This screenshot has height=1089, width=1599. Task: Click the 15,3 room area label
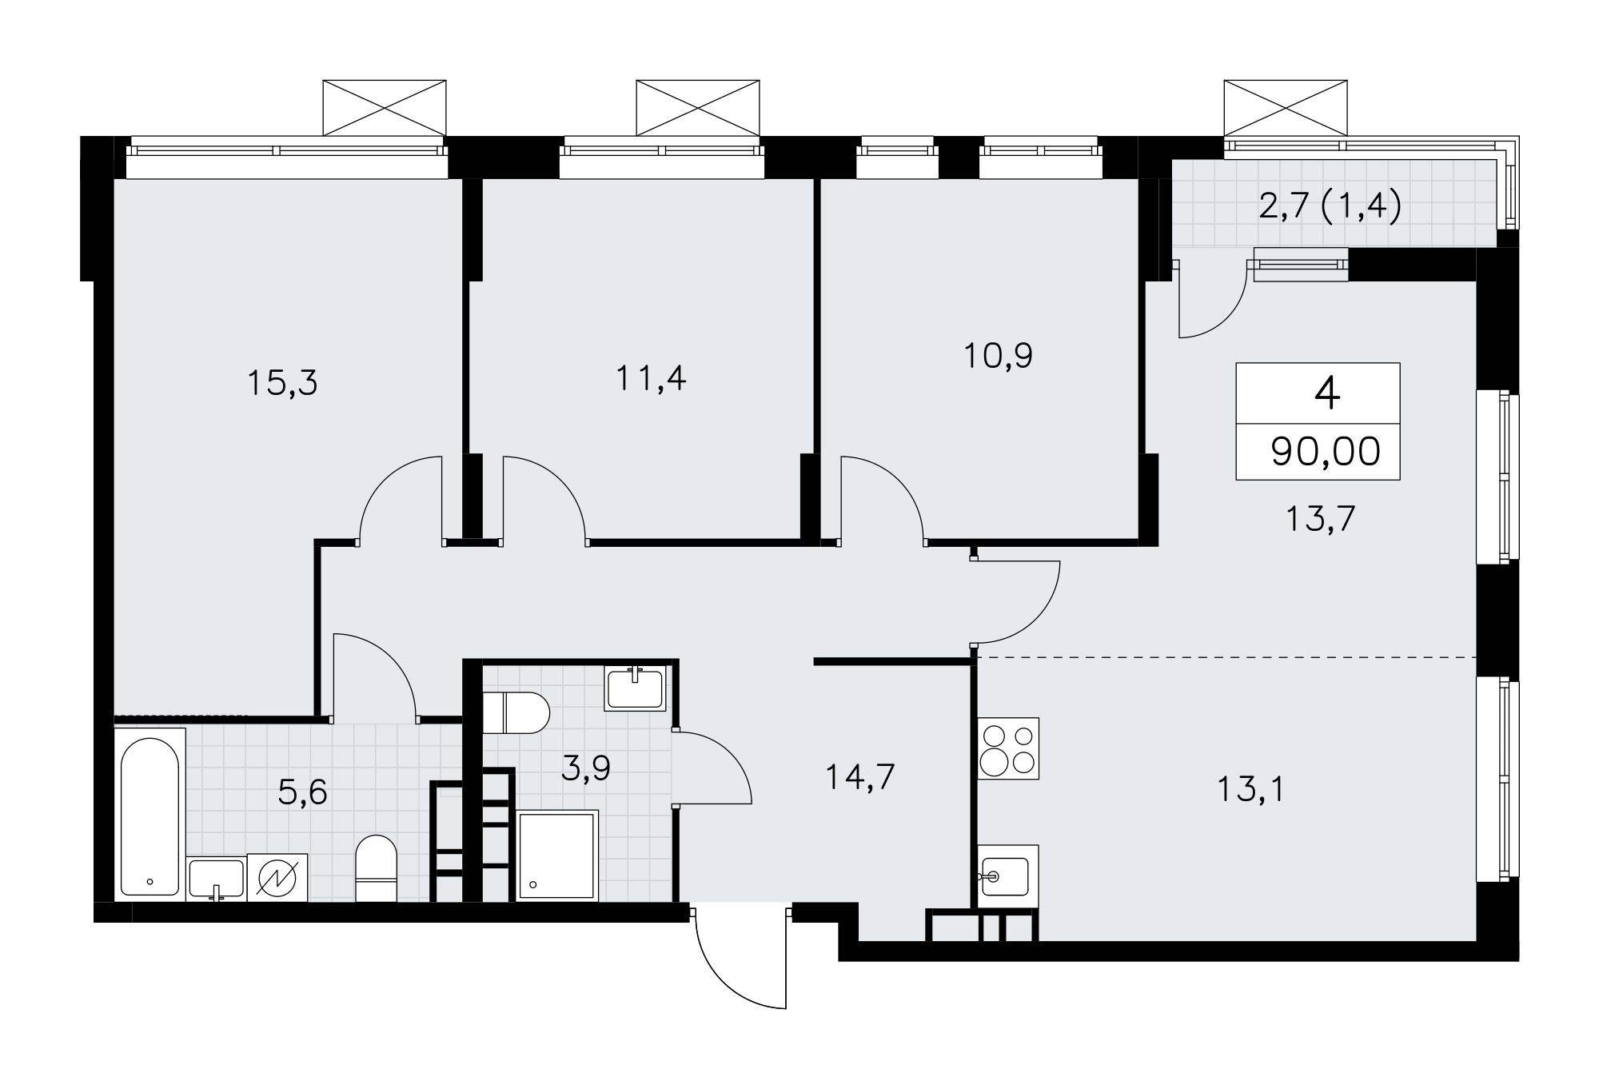pyautogui.click(x=282, y=383)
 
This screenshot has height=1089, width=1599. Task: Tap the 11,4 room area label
pyautogui.click(x=651, y=378)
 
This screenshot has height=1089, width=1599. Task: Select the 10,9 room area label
pyautogui.click(x=998, y=356)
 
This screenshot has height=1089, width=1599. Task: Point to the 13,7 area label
pyautogui.click(x=1320, y=519)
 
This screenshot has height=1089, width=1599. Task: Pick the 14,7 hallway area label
pyautogui.click(x=859, y=776)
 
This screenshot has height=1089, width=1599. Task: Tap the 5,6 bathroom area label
pyautogui.click(x=303, y=793)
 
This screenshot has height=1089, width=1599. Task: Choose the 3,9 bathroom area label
pyautogui.click(x=586, y=768)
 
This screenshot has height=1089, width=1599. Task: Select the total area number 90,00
pyautogui.click(x=1326, y=452)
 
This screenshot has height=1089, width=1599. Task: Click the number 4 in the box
pyautogui.click(x=1327, y=393)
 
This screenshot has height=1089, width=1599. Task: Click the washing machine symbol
pyautogui.click(x=277, y=878)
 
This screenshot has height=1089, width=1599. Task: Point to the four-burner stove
pyautogui.click(x=1009, y=748)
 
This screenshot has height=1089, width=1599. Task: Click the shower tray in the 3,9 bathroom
pyautogui.click(x=558, y=856)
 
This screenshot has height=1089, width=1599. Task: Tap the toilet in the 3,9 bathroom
pyautogui.click(x=516, y=712)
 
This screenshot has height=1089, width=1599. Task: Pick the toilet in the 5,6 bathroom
pyautogui.click(x=376, y=868)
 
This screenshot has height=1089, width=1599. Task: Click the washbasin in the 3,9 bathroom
pyautogui.click(x=636, y=688)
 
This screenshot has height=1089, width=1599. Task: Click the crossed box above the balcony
pyautogui.click(x=1286, y=108)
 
